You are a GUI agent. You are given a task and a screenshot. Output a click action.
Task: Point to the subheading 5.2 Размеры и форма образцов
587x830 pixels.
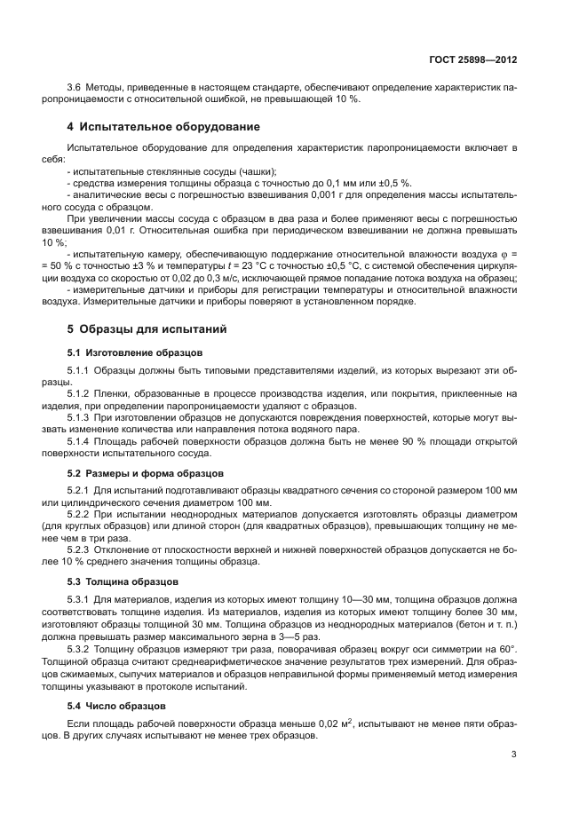(x=146, y=473)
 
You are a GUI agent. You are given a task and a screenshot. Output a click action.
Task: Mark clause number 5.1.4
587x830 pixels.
(x=81, y=441)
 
